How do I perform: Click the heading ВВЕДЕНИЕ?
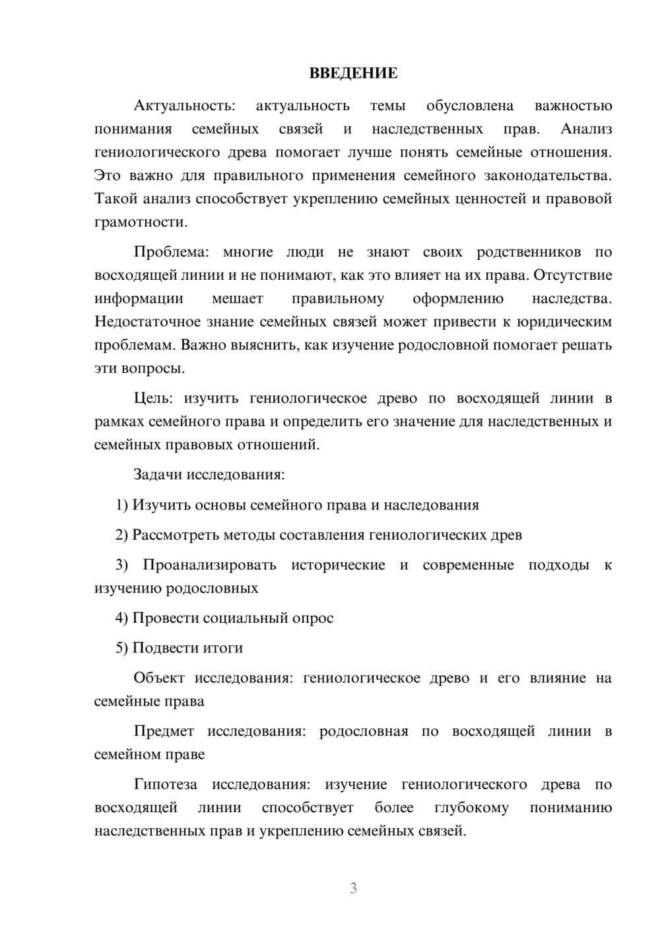353,73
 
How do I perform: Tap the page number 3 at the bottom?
353,888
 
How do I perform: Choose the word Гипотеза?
165,785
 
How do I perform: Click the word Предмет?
164,731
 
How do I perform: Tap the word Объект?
158,678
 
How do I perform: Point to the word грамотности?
140,222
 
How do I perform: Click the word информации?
139,298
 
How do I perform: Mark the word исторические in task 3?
338,565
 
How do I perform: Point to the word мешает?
237,298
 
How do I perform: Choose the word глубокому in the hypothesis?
471,808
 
